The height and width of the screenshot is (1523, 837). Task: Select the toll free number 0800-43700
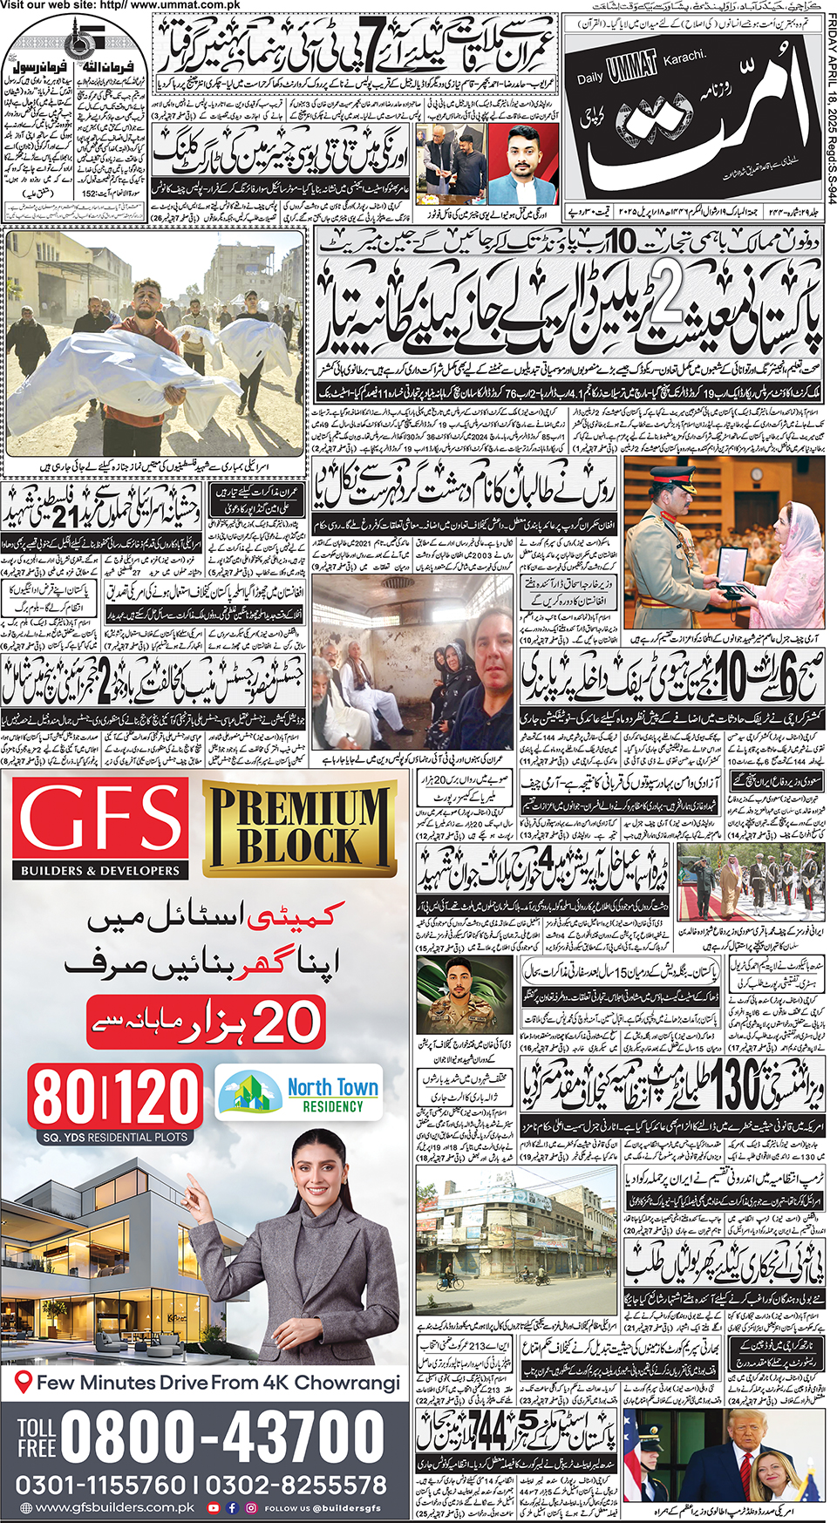(x=222, y=1435)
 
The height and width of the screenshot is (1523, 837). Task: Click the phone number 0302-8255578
(x=296, y=1485)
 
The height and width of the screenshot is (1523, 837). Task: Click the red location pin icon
(x=24, y=1382)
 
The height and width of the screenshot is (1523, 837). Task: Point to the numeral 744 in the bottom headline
(x=487, y=1432)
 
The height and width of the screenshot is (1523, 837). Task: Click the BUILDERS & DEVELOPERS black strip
(x=100, y=870)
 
